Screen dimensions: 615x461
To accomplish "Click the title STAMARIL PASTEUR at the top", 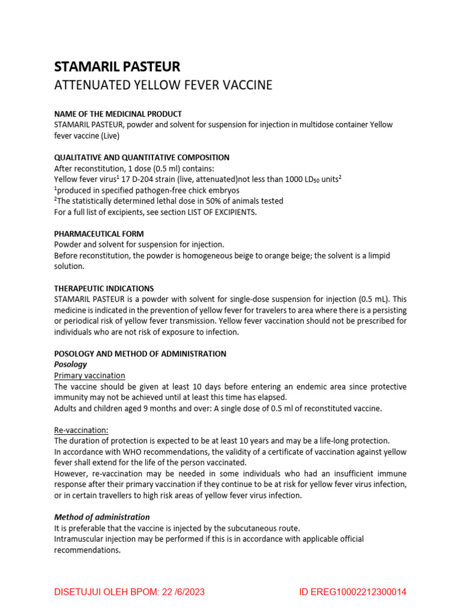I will point(117,66).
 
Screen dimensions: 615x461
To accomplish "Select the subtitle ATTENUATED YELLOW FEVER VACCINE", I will point(163,85).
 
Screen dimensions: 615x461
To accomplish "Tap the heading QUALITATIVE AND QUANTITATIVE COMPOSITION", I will point(142,157).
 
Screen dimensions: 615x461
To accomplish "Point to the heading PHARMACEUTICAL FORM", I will point(99,234).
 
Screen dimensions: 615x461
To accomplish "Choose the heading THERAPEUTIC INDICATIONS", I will point(104,288).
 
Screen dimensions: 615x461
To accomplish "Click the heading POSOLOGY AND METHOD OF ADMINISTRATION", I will point(140,354).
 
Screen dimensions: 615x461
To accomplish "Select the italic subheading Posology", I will point(71,365).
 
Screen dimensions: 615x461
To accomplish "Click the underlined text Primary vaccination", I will point(89,375).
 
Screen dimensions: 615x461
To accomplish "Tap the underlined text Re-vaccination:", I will point(82,430).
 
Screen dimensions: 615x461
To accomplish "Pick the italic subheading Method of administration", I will point(102,517).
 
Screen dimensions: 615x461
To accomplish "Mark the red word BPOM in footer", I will point(139,592).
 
